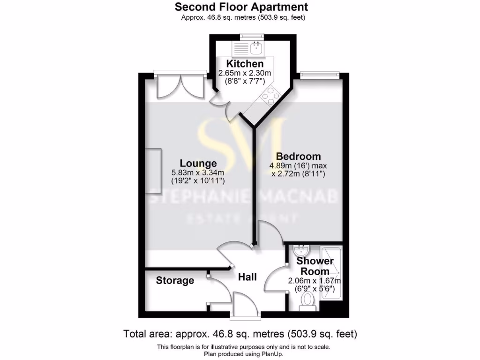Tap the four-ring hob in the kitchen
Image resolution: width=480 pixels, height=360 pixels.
269,97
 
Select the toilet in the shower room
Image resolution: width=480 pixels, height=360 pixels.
308,300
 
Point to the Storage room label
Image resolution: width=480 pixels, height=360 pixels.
175,281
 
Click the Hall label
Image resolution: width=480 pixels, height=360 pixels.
247,277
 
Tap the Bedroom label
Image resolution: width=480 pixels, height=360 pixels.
298,157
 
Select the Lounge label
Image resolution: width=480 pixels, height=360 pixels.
198,164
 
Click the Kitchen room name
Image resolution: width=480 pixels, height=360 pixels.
245,64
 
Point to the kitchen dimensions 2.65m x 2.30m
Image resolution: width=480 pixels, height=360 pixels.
245,73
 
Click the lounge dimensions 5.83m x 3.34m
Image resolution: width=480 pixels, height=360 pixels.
198,172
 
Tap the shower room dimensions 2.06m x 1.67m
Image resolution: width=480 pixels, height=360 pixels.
314,281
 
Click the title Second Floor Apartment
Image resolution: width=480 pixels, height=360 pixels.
241,7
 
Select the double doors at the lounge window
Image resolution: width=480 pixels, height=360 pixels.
180,86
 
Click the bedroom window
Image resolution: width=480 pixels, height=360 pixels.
319,73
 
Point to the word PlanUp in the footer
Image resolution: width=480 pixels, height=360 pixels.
272,354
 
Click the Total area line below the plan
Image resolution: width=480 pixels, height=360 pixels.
240,334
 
